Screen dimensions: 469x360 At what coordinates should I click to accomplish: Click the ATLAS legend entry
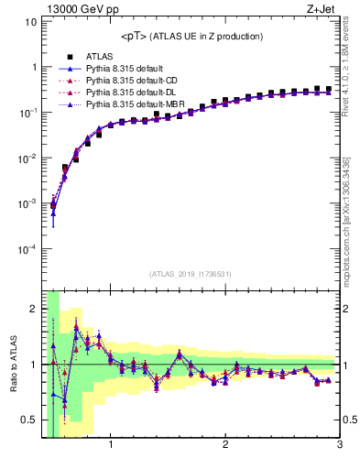click(x=99, y=57)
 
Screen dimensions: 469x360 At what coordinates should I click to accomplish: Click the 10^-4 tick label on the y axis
click(x=27, y=248)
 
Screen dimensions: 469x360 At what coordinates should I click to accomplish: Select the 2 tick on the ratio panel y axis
click(x=33, y=309)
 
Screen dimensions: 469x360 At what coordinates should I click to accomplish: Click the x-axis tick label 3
click(x=340, y=446)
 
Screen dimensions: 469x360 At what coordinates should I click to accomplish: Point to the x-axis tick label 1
click(x=111, y=446)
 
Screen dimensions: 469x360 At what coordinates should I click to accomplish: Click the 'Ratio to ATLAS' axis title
click(x=11, y=365)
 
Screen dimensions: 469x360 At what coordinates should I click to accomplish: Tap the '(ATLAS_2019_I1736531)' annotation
click(x=191, y=274)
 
